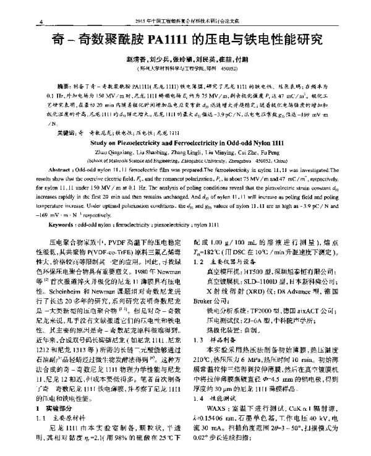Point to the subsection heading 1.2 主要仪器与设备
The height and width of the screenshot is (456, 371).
[x=223, y=263]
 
